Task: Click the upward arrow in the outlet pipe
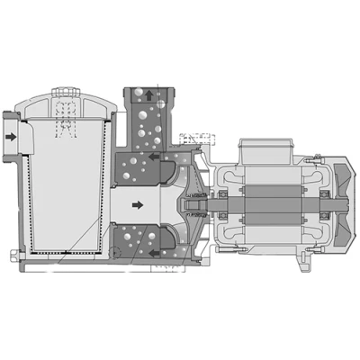coord(149,95)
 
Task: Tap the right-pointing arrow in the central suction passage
coord(138,205)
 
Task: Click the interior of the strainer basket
coord(67,189)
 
